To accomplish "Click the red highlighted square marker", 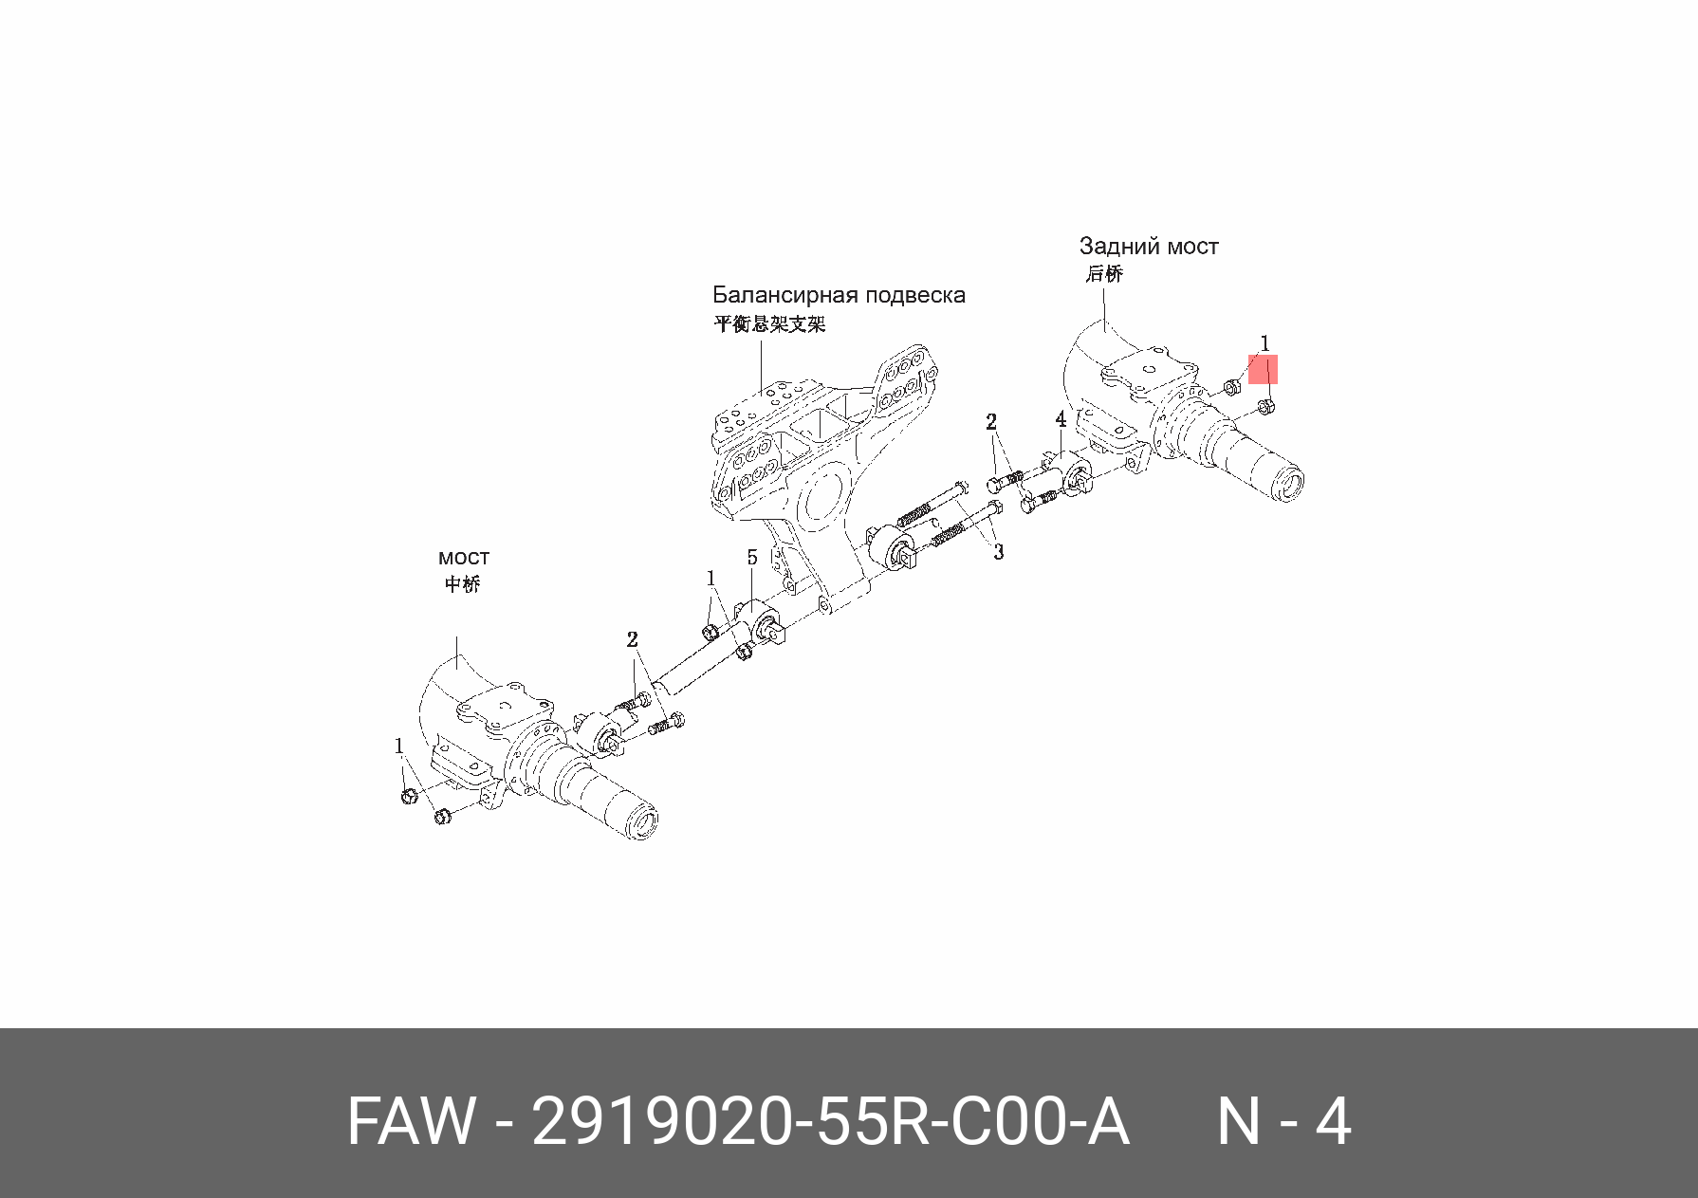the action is (1263, 369).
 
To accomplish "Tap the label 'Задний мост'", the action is (1148, 247).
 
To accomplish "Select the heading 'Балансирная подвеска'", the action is (839, 295).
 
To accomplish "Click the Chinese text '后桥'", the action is (1104, 274).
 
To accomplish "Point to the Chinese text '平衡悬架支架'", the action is (769, 324).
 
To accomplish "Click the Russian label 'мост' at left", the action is (464, 558).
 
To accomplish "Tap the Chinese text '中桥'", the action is (463, 584).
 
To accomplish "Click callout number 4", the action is (1061, 419).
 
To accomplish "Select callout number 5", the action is (752, 558).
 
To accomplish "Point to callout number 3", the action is (998, 551).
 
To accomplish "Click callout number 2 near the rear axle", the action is (991, 422).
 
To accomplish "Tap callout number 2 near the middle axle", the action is (632, 640).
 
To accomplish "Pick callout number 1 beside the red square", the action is (1264, 343).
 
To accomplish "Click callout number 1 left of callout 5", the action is (711, 579).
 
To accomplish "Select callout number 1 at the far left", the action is (399, 746).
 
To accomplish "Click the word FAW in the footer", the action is (410, 1122).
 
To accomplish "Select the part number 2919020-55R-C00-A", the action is (830, 1122).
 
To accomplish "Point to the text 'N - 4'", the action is (1283, 1122).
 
